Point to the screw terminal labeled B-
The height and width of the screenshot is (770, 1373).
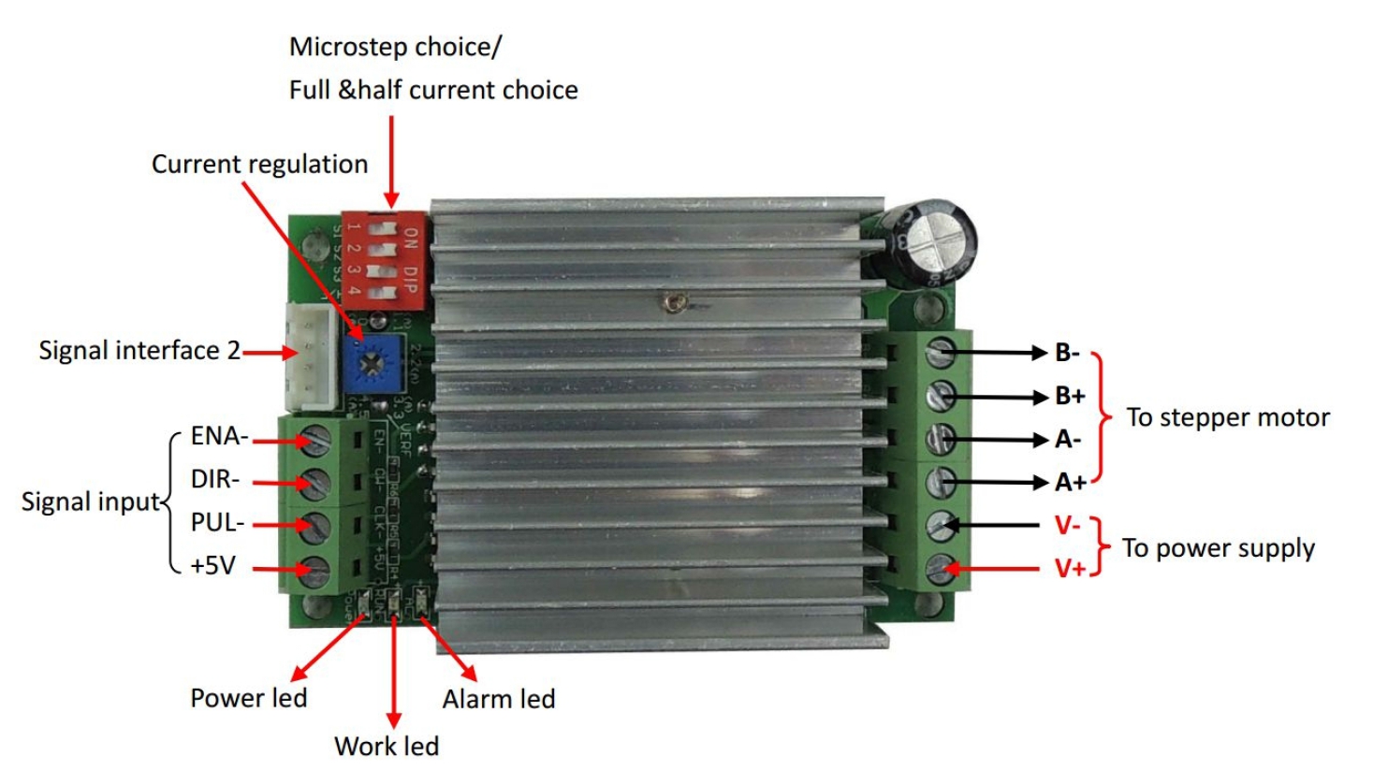[x=940, y=353]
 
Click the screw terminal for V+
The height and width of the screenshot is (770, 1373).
[x=941, y=568]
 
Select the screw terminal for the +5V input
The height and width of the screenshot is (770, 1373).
[x=316, y=569]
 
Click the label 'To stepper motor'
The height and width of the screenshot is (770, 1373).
[x=1227, y=417]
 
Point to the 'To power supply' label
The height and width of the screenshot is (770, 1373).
[x=1218, y=547]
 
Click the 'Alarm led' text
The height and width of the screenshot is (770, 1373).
[x=499, y=699]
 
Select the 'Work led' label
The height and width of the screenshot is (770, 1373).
[x=387, y=746]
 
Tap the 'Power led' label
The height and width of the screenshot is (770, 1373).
[x=249, y=698]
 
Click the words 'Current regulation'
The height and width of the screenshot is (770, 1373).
[x=259, y=164]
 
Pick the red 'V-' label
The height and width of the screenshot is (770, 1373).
[x=1067, y=525]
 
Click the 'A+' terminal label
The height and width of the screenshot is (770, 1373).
[x=1071, y=482]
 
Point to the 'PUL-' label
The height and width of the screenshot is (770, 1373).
[x=217, y=522]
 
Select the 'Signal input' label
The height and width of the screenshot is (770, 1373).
[x=91, y=501]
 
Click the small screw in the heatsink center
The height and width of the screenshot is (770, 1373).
[x=673, y=301]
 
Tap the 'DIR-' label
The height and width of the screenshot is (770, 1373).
[x=215, y=479]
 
